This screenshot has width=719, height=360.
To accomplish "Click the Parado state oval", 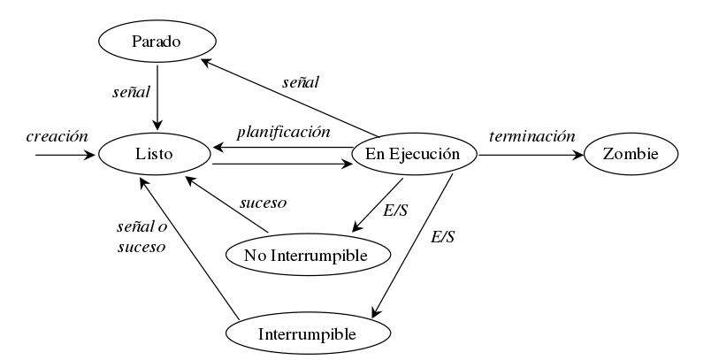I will coord(157,42).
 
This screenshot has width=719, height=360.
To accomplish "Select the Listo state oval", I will coord(155,154).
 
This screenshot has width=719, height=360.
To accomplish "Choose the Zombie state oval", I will coord(631,154).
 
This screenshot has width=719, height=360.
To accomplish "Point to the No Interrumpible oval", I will coord(309,255).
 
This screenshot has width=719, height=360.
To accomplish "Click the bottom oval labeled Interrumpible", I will coord(307,334).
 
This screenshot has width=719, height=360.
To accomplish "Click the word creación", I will coord(57,136).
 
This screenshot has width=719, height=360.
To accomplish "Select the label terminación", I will coord(532,136).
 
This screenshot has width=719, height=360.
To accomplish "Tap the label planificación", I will coord(283,132).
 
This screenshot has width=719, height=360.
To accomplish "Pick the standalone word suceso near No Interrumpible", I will coord(264,202).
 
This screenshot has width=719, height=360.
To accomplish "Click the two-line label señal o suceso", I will coord(142,237).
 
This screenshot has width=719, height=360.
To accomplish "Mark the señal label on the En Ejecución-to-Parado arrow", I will coord(301,81).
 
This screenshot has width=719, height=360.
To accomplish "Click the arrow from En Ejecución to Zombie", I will coord(531,155).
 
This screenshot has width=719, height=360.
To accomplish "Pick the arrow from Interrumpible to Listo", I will coord(190,248).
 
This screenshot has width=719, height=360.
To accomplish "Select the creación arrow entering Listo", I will coord(66,155).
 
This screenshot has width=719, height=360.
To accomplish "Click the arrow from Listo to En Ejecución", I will coord(281,164).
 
